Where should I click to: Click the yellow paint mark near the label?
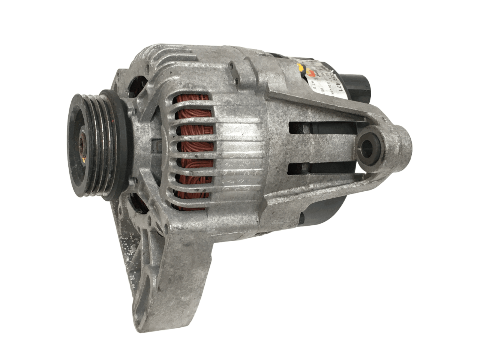pyautogui.click(x=300, y=67)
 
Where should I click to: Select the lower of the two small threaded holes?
pyautogui.click(x=236, y=79)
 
